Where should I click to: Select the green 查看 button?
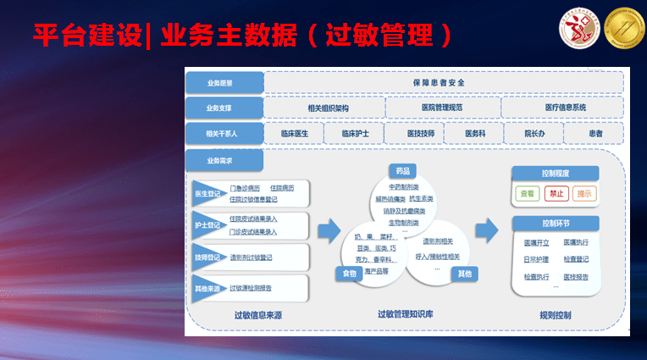(x=528, y=193)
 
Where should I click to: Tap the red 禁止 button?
(x=556, y=193)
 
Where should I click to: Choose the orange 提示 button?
(x=584, y=193)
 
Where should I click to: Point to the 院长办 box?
(x=534, y=134)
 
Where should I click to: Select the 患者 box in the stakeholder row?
(x=595, y=134)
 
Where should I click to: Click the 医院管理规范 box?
(x=441, y=108)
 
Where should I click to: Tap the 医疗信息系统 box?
(x=564, y=108)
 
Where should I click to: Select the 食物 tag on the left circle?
(x=349, y=274)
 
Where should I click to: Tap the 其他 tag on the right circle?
(x=464, y=274)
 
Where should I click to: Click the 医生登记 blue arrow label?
(x=207, y=194)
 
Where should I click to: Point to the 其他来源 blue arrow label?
(x=207, y=287)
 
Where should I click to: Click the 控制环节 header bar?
(x=555, y=224)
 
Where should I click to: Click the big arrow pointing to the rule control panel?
(x=486, y=230)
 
